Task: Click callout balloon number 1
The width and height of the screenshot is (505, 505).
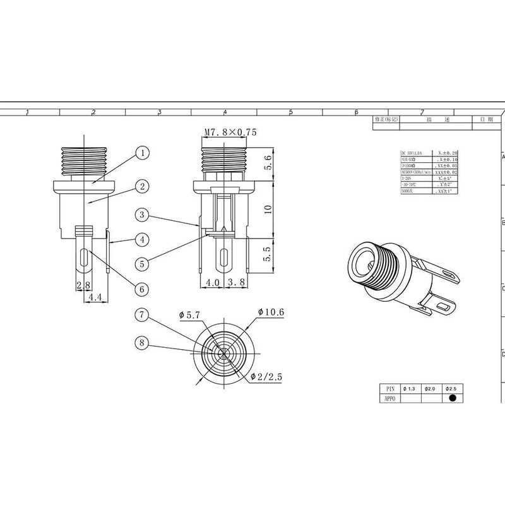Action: [x=143, y=153]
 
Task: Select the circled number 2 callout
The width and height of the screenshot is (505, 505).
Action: [x=143, y=186]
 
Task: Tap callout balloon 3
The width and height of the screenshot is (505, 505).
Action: [x=143, y=215]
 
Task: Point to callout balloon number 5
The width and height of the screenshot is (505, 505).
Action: [x=143, y=264]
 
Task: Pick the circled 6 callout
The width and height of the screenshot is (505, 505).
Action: [x=143, y=288]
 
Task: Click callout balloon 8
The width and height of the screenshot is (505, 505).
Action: [x=143, y=343]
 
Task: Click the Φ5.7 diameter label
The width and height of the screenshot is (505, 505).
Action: [x=190, y=315]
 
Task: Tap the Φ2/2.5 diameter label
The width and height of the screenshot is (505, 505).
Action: [x=265, y=377]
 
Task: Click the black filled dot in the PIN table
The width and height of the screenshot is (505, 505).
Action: [x=452, y=398]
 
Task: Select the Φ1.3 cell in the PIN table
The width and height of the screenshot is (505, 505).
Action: [x=408, y=388]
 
